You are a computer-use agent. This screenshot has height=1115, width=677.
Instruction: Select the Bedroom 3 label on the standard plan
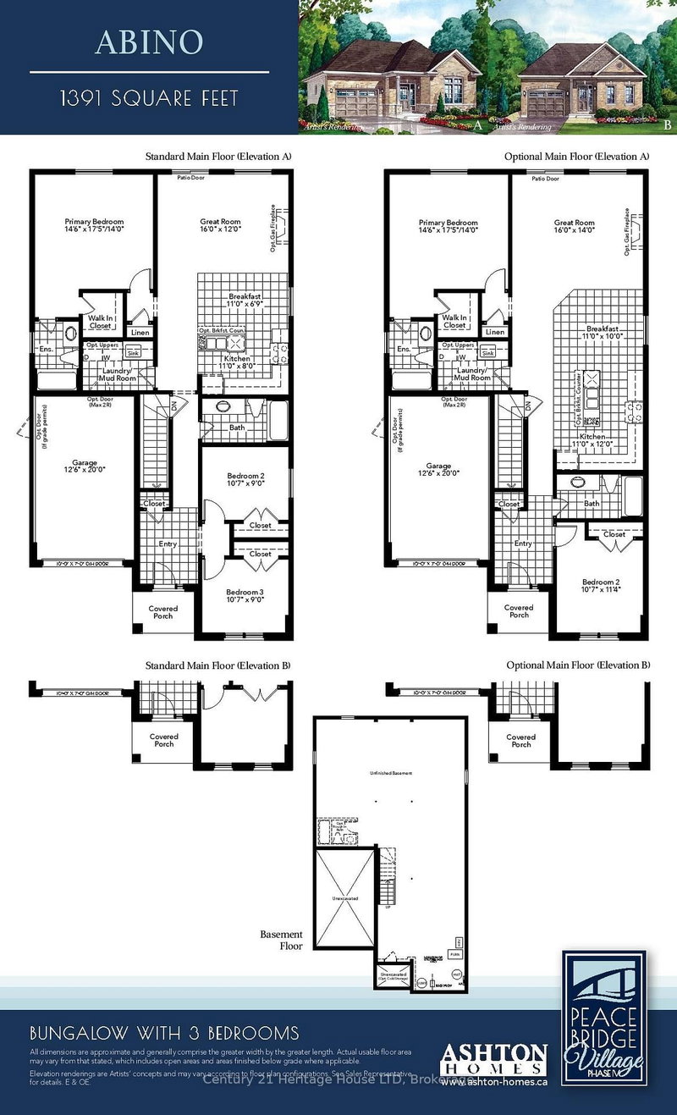pos(245,596)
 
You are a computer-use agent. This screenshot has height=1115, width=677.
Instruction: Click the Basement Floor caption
pos(282,940)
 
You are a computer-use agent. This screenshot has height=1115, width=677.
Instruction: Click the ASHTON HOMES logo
pos(494,1060)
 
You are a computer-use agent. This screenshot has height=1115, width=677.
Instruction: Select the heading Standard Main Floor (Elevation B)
pos(217,665)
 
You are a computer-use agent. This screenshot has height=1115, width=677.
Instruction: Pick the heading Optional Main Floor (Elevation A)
pos(576,157)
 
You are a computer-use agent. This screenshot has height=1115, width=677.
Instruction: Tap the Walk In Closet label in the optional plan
pos(454,321)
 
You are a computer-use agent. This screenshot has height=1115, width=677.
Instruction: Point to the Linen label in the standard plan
pos(140,332)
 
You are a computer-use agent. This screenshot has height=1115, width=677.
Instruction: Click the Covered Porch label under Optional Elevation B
pos(520,741)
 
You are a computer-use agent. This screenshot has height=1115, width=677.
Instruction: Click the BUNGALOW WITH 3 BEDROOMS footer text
pos(163,1033)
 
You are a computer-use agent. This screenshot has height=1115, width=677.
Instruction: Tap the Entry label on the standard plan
pos(168,544)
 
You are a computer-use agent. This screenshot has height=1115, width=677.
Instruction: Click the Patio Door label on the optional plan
pos(545,179)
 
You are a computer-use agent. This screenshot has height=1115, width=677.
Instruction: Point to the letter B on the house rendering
pos(668,124)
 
